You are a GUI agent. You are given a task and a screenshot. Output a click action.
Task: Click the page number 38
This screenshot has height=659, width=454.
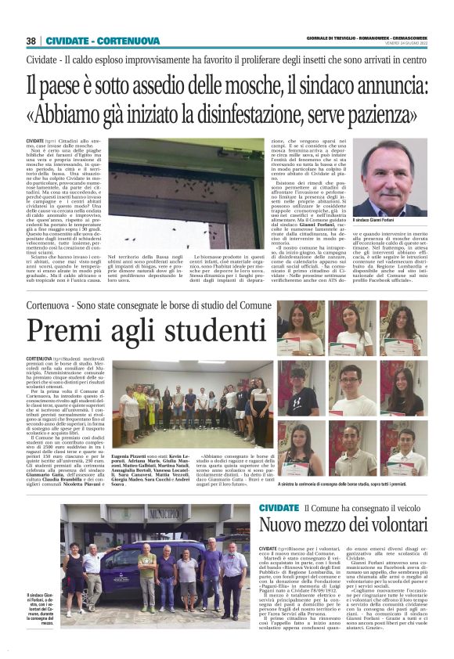pos(31,41)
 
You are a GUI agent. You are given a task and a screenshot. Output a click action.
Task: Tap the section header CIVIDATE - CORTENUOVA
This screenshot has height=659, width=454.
pos(92,41)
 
